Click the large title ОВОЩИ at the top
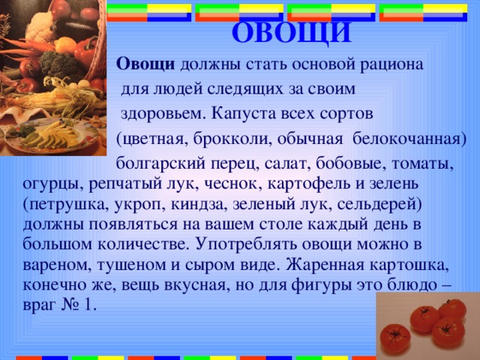tap(291, 33)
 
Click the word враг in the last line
tap(38, 306)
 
